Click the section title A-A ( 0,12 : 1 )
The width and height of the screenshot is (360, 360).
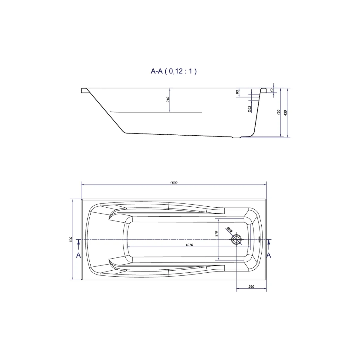click(173, 71)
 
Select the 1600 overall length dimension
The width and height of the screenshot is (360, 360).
click(173, 183)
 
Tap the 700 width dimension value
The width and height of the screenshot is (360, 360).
click(71, 239)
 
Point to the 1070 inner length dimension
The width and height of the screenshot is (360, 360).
click(189, 245)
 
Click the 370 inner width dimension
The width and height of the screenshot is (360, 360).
click(216, 234)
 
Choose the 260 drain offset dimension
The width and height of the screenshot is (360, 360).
click(251, 287)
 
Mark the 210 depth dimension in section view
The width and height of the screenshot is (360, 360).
click(168, 99)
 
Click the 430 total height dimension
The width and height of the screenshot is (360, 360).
click(286, 113)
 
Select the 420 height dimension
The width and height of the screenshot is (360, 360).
click(278, 113)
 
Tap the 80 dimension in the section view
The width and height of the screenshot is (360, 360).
click(237, 92)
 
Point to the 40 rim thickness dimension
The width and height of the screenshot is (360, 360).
click(271, 90)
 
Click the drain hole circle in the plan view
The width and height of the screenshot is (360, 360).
click(237, 240)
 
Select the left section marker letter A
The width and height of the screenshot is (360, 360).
click(78, 255)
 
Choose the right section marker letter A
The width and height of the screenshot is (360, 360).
click(269, 255)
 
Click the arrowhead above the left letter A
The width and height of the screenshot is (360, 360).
click(78, 241)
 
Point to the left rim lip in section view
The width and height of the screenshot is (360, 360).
click(84, 90)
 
